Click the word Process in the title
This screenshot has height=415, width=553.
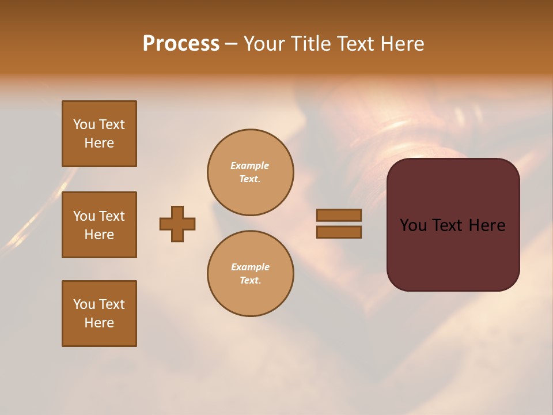point(181,44)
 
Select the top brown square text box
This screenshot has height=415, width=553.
point(99,134)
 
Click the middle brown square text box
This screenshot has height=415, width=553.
point(99,225)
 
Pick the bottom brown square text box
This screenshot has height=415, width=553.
point(99,314)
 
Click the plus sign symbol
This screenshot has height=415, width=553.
point(177,224)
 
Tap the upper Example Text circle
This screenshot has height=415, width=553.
point(250,172)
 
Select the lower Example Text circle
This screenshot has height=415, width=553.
point(250,274)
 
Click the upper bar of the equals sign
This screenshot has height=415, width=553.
point(339,215)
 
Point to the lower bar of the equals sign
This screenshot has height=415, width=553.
point(339,232)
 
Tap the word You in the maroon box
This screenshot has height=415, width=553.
point(413,225)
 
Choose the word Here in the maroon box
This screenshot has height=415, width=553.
point(487,225)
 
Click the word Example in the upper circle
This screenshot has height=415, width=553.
point(250,166)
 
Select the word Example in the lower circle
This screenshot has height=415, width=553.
point(250,267)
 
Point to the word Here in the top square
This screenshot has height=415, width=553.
point(99,143)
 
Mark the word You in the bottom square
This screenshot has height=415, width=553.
point(84,304)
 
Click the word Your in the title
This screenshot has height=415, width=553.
point(266,44)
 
